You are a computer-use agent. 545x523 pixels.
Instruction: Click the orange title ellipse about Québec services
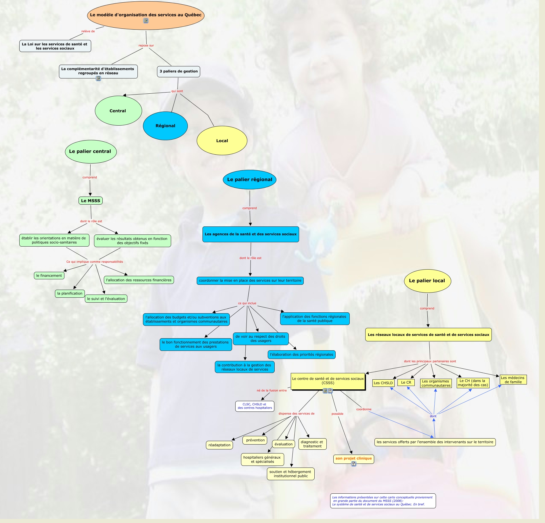pos(146,15)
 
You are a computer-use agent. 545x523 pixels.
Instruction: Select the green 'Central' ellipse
pos(118,111)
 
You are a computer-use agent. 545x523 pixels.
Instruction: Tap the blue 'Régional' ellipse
pos(165,126)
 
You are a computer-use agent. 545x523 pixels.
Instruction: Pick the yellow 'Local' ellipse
pos(222,141)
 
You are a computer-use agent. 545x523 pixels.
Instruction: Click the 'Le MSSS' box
pos(91,201)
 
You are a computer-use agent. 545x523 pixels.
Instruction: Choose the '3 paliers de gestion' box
pos(179,71)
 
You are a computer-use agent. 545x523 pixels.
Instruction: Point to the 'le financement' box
pos(49,276)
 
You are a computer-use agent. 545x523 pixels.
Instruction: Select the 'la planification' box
pos(70,293)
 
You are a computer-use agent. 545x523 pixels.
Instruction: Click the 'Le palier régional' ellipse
pos(250,180)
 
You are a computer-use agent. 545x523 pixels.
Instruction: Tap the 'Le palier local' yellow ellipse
pos(427,281)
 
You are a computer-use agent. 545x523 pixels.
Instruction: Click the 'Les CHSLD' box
pos(383,383)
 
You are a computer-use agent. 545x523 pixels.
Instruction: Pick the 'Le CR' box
pos(406,382)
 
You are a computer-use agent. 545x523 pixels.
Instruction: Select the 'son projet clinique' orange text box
pos(353,458)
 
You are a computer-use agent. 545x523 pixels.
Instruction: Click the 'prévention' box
pos(255,440)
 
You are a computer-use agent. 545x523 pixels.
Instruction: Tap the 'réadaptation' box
pos(219,445)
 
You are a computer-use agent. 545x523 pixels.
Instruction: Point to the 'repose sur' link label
pos(146,45)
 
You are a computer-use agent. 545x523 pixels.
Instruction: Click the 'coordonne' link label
pos(364,409)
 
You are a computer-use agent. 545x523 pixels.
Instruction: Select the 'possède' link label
pos(337,414)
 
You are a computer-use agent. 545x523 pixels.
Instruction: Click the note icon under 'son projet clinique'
pos(354,464)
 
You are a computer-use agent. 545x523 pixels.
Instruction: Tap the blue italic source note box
pos(383,501)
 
